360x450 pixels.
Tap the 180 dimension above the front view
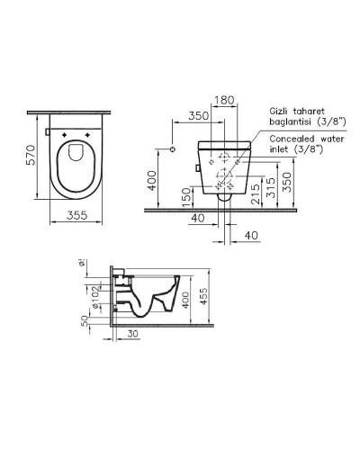[225, 101]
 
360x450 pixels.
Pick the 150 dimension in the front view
[186, 195]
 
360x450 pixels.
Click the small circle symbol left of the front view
[171, 148]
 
